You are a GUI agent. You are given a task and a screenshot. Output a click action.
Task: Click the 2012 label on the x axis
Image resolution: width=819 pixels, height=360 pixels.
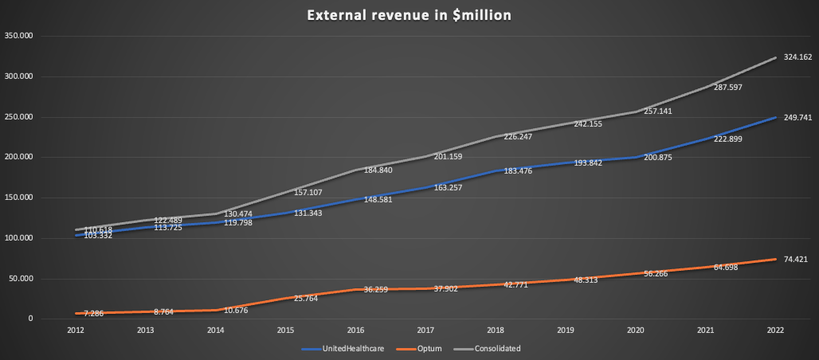76,329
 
